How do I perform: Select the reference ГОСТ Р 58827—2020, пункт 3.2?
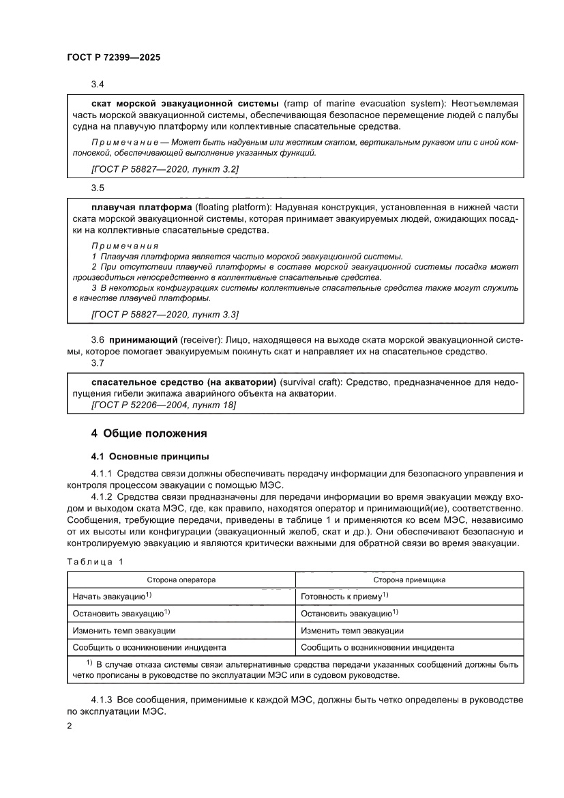pos(164,169)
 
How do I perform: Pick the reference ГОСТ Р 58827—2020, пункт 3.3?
pos(164,314)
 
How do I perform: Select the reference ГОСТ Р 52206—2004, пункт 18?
pos(163,405)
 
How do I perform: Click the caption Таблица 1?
pos(95,561)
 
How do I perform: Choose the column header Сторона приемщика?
pos(409,579)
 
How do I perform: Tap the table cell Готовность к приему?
pos(344,596)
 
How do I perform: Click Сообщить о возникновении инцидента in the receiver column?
pos(377,647)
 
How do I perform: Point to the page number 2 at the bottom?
pos(70,726)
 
